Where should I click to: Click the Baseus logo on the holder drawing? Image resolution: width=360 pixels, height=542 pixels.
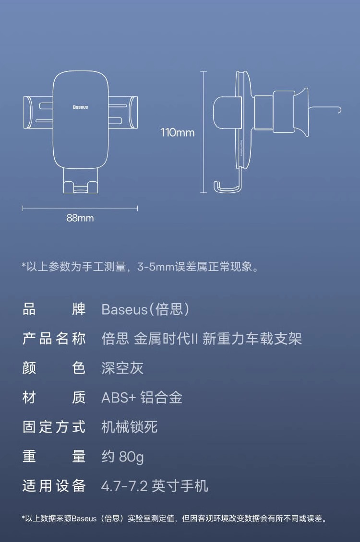81,107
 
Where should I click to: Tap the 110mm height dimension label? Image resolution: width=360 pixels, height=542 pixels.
178,132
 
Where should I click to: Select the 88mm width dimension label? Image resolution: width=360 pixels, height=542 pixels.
80,218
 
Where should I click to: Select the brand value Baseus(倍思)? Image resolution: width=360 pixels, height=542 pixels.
145,309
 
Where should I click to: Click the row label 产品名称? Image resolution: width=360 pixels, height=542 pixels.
54,339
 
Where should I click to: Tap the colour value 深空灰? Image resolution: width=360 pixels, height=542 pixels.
122,368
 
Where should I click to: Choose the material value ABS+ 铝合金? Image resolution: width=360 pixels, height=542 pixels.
142,398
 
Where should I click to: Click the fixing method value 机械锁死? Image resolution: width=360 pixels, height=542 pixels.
130,427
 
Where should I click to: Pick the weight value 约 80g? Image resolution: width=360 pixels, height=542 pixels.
122,457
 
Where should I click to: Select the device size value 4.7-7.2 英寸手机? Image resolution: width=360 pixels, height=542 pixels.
155,486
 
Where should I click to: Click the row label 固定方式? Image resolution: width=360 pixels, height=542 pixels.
54,427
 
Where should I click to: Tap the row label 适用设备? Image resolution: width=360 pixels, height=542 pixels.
54,486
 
